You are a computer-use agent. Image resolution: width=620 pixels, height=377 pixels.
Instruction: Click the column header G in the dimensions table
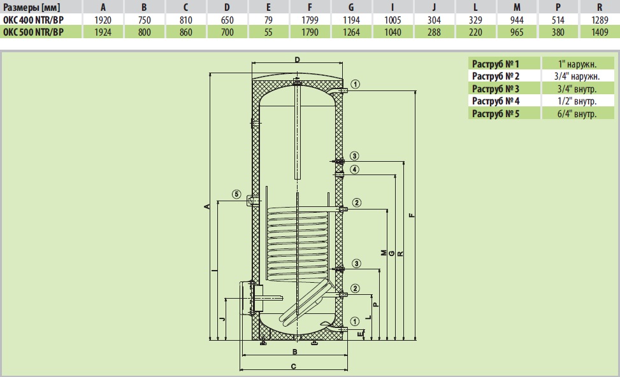351,7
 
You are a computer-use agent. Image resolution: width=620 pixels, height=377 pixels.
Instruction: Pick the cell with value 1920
103,20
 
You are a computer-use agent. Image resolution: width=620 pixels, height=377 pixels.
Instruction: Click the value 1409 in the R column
598,32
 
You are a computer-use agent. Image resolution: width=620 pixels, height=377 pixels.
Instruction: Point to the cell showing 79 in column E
268,20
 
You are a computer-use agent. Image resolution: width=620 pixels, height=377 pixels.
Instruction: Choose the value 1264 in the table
351,32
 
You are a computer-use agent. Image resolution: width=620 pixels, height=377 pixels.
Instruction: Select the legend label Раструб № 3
495,89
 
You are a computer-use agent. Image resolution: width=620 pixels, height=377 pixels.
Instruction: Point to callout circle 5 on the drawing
236,194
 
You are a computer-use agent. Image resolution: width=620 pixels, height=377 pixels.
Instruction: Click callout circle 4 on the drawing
355,169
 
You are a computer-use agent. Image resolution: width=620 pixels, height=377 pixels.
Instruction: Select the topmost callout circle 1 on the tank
355,84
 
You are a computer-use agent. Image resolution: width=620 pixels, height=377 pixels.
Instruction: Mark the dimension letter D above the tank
297,59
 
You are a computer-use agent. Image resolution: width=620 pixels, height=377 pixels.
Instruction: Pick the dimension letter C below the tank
293,366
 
